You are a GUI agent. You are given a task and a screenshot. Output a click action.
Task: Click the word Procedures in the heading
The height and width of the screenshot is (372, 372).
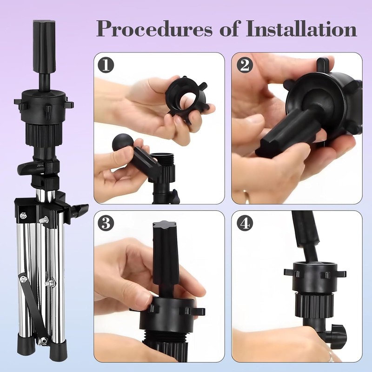[x=154, y=29]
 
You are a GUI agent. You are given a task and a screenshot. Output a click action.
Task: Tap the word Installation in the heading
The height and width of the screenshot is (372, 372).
[x=301, y=28]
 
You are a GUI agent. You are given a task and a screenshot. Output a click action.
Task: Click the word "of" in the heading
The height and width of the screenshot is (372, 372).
[x=229, y=28]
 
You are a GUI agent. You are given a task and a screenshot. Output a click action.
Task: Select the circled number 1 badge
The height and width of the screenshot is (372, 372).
[x=106, y=65]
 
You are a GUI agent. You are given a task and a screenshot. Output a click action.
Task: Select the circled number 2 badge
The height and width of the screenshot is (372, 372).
[x=245, y=65]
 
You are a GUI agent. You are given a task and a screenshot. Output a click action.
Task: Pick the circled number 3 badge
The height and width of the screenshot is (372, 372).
[x=106, y=223]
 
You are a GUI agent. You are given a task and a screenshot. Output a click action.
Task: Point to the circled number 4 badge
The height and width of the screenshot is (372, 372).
[x=245, y=223]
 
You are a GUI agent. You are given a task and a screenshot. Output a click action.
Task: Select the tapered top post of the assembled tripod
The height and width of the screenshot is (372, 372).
[x=45, y=47]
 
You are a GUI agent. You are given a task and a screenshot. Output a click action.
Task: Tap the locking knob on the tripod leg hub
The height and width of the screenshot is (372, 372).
[x=80, y=210]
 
